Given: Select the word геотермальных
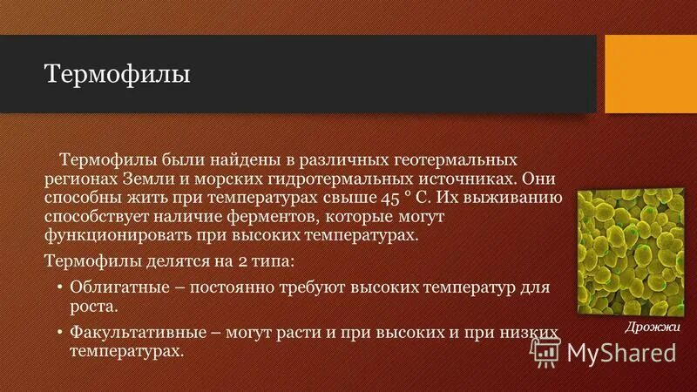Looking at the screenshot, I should click(448, 160).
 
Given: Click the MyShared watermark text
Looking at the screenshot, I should click(621, 352).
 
